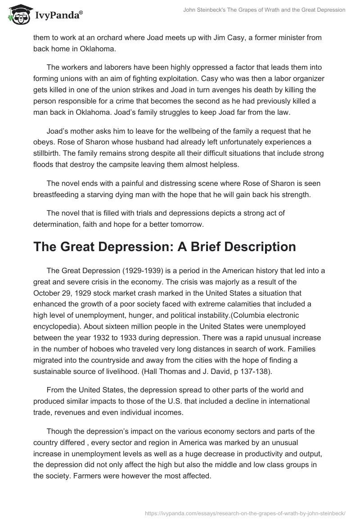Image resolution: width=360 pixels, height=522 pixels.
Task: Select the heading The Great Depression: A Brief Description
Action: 165,247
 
